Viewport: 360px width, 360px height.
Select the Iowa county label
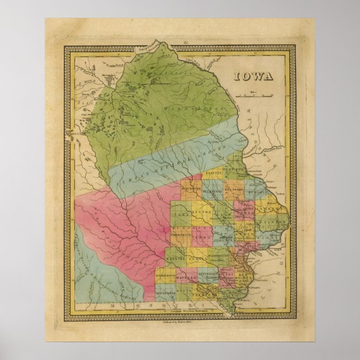(205, 237)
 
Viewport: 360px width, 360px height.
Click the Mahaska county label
(179, 258)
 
